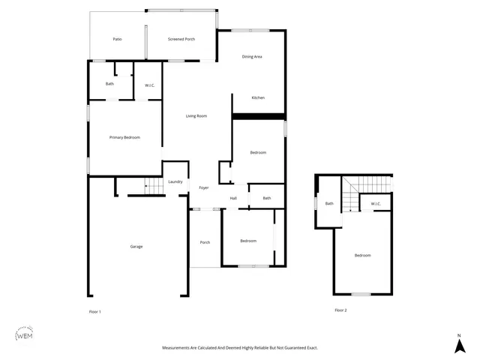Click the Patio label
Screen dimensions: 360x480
point(117,39)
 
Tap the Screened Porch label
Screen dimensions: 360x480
point(181,39)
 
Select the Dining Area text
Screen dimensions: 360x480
point(251,57)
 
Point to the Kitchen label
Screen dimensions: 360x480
point(258,98)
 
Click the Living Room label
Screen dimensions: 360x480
point(196,116)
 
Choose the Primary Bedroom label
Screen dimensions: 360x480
point(124,137)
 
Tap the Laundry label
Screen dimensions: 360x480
point(175,182)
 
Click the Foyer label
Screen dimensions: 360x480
point(203,187)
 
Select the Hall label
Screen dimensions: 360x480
point(233,198)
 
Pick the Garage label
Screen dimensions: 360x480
point(136,247)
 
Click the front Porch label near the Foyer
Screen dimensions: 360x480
point(205,242)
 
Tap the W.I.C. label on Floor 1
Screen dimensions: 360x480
point(148,84)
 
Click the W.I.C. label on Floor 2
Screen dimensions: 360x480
point(376,203)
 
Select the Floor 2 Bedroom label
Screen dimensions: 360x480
point(362,256)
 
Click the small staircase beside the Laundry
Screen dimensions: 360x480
point(154,186)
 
